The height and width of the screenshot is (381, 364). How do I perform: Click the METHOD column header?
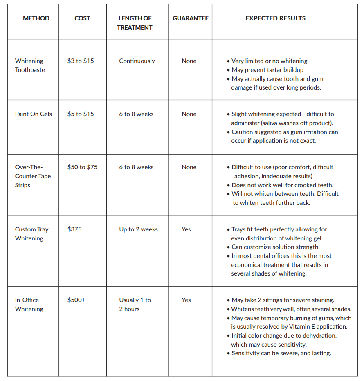point(36,18)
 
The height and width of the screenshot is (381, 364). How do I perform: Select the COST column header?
point(82,18)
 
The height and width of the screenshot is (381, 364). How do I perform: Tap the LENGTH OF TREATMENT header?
point(135,23)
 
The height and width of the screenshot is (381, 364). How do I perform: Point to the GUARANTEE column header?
point(190,18)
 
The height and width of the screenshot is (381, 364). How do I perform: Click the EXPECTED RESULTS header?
point(275,18)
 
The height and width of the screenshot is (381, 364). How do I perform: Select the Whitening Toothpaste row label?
point(29,65)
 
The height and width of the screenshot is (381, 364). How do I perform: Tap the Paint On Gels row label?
point(34,114)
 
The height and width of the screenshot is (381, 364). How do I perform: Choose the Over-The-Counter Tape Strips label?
point(33,176)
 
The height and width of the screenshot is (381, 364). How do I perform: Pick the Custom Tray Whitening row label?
point(31,234)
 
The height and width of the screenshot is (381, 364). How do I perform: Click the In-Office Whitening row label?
point(29,305)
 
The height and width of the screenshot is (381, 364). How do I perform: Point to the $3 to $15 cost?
point(81,61)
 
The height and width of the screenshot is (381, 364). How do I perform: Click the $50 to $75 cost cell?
point(82,167)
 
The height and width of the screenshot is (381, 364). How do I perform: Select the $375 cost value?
point(74,229)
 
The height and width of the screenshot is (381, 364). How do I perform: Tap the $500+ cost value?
point(76,300)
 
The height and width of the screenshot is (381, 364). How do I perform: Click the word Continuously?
point(137,61)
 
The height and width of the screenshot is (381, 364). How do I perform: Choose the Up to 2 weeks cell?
point(138,229)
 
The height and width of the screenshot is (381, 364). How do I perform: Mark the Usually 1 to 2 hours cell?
point(135,305)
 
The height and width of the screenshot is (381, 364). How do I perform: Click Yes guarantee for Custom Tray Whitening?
point(186,229)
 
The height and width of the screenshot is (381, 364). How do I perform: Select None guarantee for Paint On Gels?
point(189,114)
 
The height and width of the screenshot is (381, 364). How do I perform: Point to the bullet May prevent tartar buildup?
point(267,70)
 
